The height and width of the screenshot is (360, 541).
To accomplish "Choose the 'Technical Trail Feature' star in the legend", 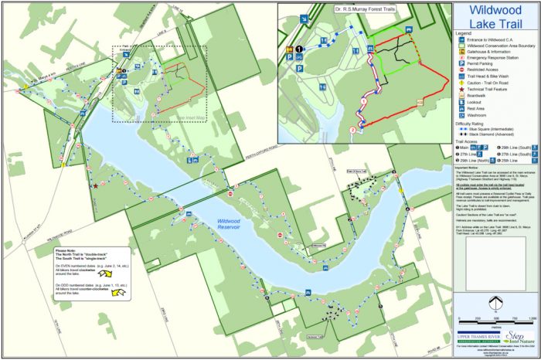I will pyautogui.click(x=460, y=90).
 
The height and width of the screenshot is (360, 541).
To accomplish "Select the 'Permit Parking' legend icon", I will pyautogui.click(x=460, y=63).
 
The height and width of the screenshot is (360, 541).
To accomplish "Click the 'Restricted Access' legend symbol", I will pyautogui.click(x=460, y=70).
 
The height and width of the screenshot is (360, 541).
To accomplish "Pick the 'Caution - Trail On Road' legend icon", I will pyautogui.click(x=460, y=83).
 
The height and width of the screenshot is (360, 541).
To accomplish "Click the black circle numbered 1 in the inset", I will pyautogui.click(x=298, y=49).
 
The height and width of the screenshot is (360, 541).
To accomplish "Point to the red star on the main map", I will pyautogui.click(x=95, y=185).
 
